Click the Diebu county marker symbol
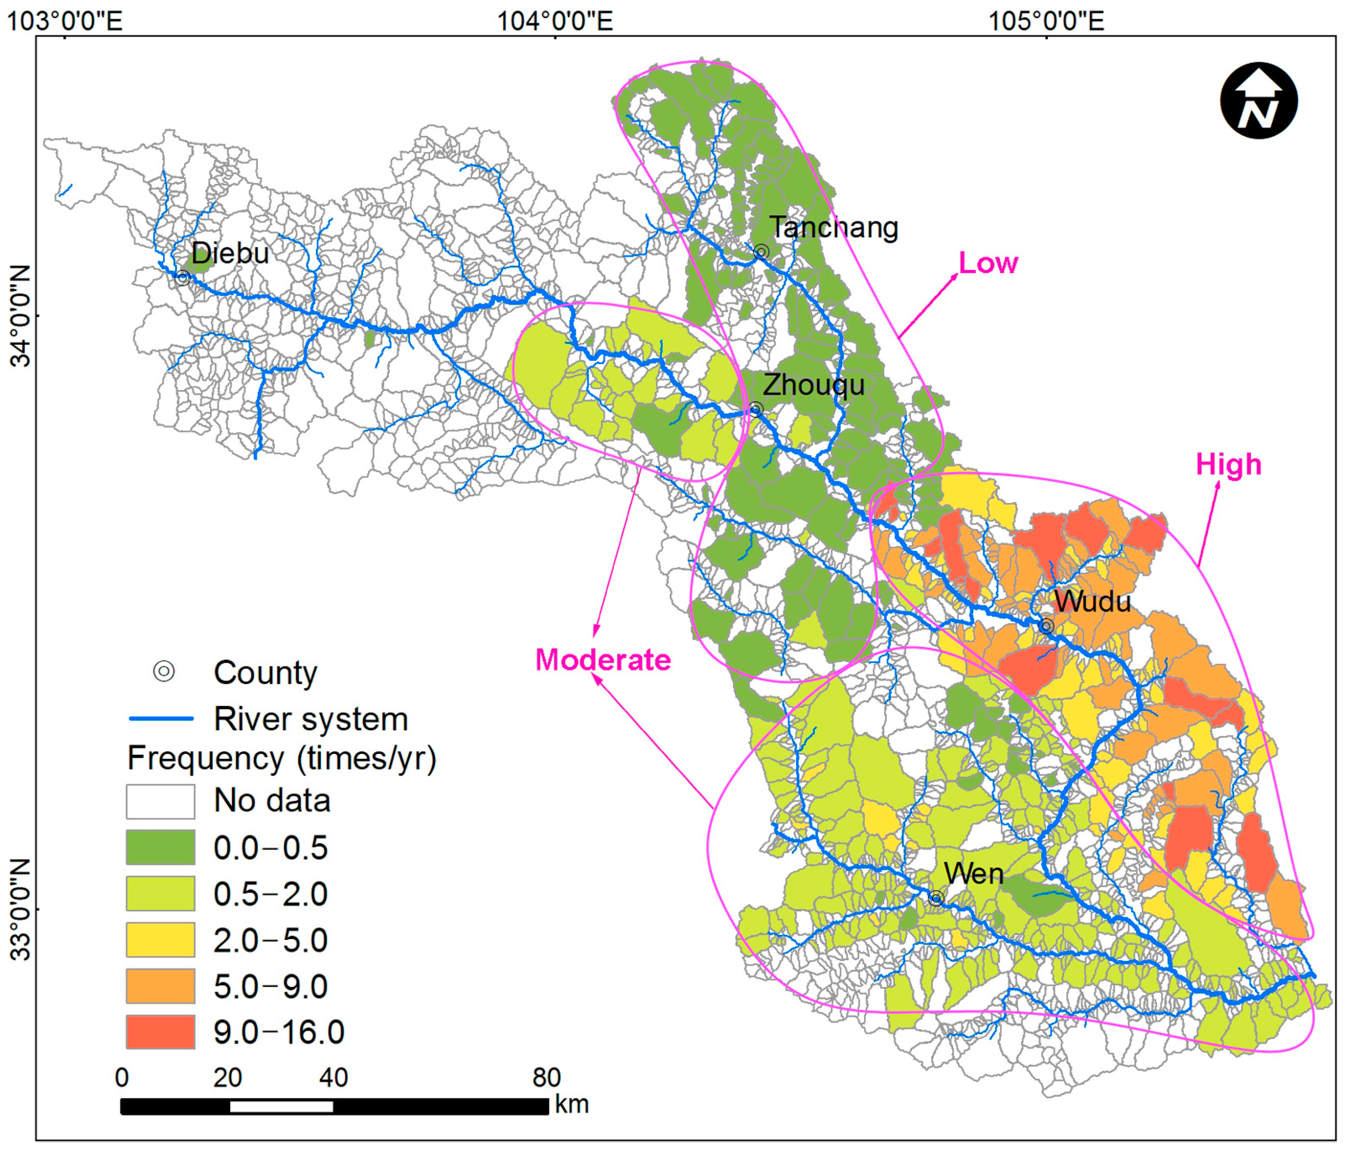click(182, 278)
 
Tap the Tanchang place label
click(834, 228)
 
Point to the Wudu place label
click(1092, 602)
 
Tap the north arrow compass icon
click(1259, 101)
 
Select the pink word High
click(1229, 465)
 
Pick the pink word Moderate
click(603, 660)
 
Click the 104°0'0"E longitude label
click(555, 21)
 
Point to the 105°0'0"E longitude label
click(1046, 21)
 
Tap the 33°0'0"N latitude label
click(21, 909)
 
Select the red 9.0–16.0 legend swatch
click(160, 1032)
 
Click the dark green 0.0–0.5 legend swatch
click(160, 847)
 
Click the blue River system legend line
click(162, 718)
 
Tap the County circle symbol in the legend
click(163, 671)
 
